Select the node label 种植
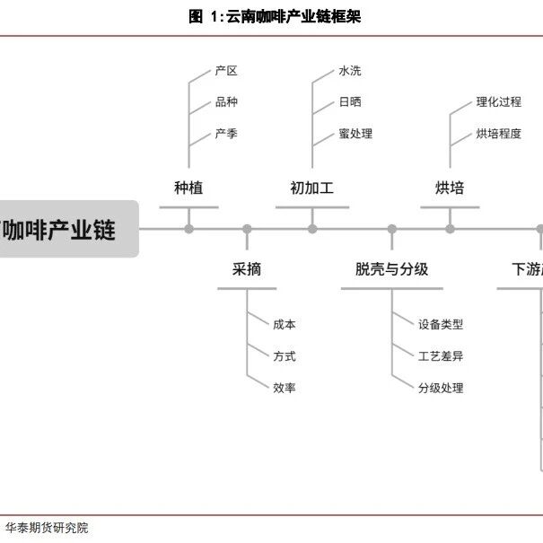(x=188, y=188)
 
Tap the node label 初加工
(x=311, y=188)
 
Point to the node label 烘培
(x=450, y=188)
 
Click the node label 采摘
(x=247, y=268)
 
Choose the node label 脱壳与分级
(x=391, y=268)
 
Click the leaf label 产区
(x=226, y=71)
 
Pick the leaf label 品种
(x=226, y=102)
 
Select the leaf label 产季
(x=226, y=134)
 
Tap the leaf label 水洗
(x=350, y=71)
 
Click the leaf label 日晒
(x=350, y=102)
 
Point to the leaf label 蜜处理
(x=355, y=134)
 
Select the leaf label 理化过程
(x=498, y=102)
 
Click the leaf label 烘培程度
(x=498, y=134)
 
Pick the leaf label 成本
(x=285, y=325)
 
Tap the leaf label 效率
(x=285, y=388)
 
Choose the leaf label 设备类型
(x=441, y=325)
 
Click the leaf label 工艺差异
(x=441, y=356)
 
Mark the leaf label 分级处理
(x=441, y=388)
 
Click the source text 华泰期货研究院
(x=47, y=528)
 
